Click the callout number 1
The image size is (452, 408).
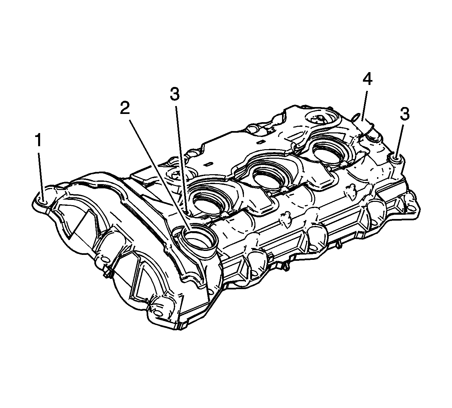39,140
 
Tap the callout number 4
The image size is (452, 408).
368,80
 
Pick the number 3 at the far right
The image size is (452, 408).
405,114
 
